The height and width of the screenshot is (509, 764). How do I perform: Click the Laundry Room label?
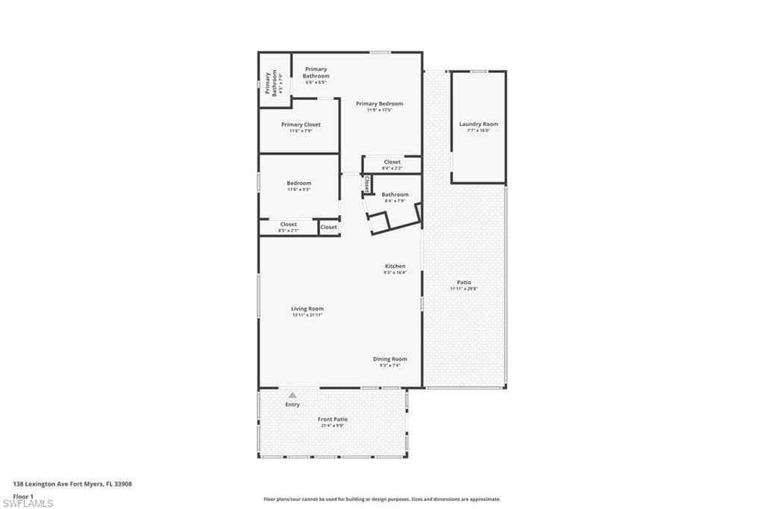[x=478, y=125]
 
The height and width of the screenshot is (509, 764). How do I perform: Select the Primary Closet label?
[x=301, y=125]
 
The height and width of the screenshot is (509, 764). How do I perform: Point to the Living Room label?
[x=307, y=308]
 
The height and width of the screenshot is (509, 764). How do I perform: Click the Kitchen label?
[x=395, y=266]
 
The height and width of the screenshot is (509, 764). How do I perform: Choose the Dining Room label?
[x=390, y=359]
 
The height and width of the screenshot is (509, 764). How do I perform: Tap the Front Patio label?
[x=334, y=419]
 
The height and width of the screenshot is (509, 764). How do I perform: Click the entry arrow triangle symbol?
[x=292, y=395]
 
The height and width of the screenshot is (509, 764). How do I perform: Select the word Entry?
[x=292, y=405]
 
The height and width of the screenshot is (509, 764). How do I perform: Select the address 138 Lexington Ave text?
[x=72, y=484]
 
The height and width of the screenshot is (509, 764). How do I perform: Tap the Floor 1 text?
[x=22, y=496]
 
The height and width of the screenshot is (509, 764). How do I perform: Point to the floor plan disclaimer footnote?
[x=381, y=499]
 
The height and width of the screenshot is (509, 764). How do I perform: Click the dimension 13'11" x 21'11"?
[x=307, y=315]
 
